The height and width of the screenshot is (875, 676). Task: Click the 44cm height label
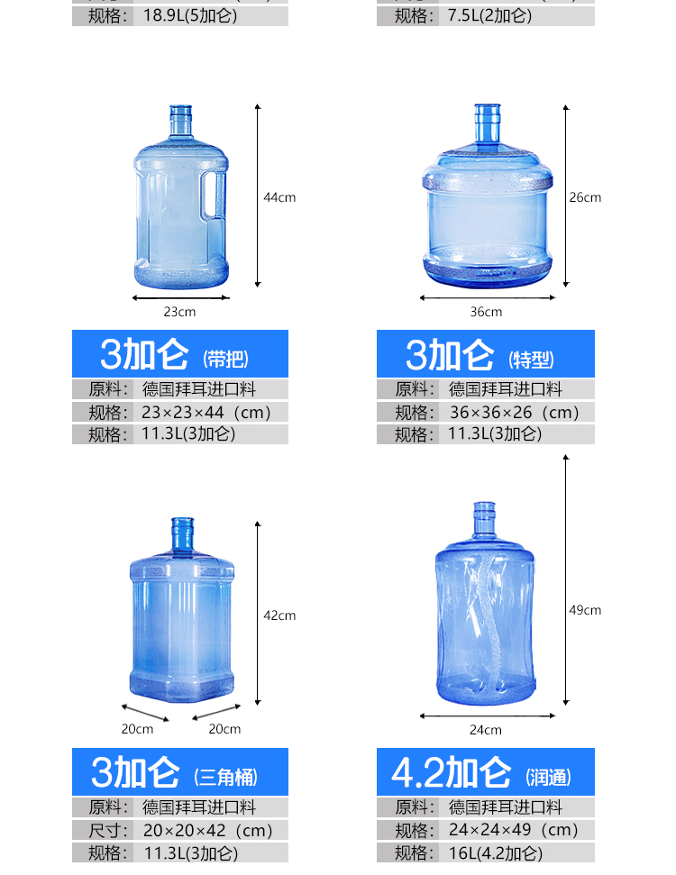click(279, 197)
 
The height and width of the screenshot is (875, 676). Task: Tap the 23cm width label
click(179, 312)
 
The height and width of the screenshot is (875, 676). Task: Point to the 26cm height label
click(585, 197)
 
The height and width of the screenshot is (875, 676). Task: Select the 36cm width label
click(486, 312)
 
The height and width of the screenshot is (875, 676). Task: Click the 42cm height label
click(279, 615)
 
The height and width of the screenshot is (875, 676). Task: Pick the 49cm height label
click(585, 610)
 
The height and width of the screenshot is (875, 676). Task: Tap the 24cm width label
click(486, 730)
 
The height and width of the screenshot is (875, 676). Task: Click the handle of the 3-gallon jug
click(215, 195)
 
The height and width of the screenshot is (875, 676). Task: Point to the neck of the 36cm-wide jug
click(488, 123)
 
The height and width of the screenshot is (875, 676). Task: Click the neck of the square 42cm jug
click(183, 534)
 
